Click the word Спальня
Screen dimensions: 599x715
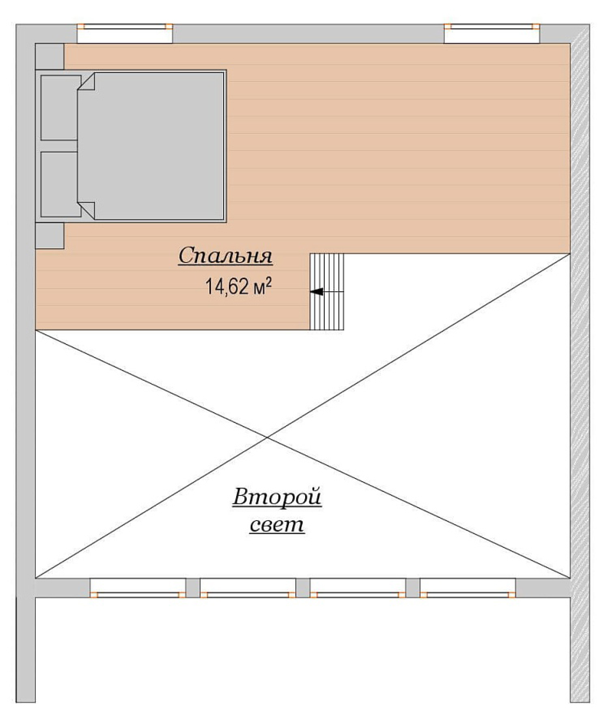(x=225, y=256)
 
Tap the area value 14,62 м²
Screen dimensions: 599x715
(x=238, y=286)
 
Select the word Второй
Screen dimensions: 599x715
(x=277, y=497)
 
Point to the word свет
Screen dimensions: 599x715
(x=277, y=525)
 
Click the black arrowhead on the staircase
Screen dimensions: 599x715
(x=316, y=291)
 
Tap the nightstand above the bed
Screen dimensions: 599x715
(x=50, y=56)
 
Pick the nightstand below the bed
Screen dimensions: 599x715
(x=50, y=236)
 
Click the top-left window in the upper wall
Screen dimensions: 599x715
(x=125, y=33)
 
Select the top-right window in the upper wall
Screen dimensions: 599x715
(x=492, y=33)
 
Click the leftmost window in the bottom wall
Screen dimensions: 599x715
(x=137, y=588)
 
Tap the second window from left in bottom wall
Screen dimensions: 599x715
(x=248, y=588)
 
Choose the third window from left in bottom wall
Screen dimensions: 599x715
(x=358, y=588)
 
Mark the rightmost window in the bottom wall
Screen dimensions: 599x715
(x=468, y=588)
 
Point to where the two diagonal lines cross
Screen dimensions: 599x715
(x=267, y=438)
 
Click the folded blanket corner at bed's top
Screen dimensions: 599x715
(x=86, y=81)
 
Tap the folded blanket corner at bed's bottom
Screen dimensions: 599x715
(x=86, y=211)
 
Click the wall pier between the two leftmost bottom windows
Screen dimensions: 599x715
(x=193, y=588)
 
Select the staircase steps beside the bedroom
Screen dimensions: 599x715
(x=327, y=291)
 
